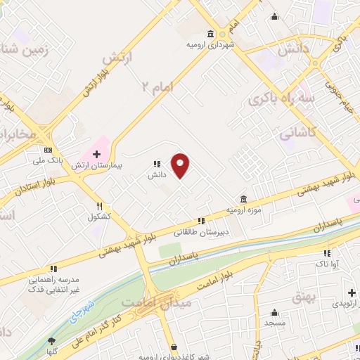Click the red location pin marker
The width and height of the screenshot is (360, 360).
(x=181, y=165)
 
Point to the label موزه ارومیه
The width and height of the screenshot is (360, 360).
(x=243, y=210)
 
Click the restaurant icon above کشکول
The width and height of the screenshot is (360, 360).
(x=101, y=207)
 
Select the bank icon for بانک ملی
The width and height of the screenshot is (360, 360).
(x=48, y=150)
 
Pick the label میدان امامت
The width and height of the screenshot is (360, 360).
(x=148, y=301)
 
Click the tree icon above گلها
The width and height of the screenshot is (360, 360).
(x=51, y=340)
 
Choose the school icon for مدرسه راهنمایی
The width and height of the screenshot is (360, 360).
(x=53, y=269)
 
